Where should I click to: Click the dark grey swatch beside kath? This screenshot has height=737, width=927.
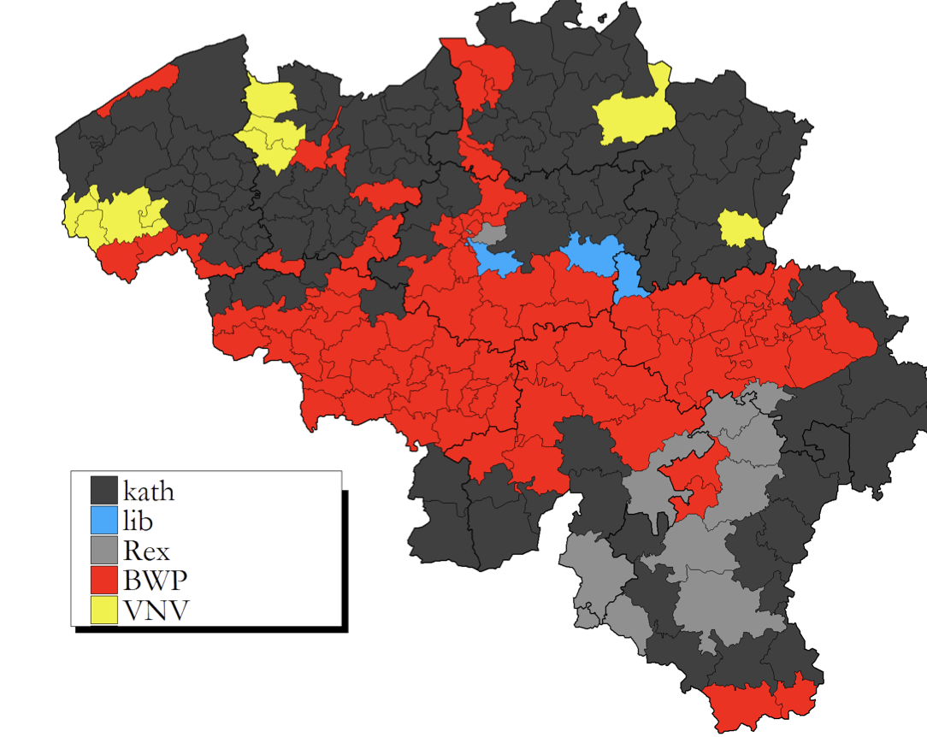(104, 490)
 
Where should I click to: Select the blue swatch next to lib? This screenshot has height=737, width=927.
(104, 520)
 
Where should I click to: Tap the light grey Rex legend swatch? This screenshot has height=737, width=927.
(104, 549)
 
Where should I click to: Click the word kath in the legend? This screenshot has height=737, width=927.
(149, 492)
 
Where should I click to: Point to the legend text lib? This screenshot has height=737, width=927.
(138, 520)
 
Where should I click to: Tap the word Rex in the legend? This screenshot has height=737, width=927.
(145, 550)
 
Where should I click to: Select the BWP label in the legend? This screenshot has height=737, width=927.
(155, 580)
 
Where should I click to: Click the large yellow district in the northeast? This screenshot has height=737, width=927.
(633, 115)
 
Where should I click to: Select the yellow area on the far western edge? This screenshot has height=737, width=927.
(111, 215)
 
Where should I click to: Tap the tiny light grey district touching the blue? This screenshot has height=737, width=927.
(490, 233)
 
